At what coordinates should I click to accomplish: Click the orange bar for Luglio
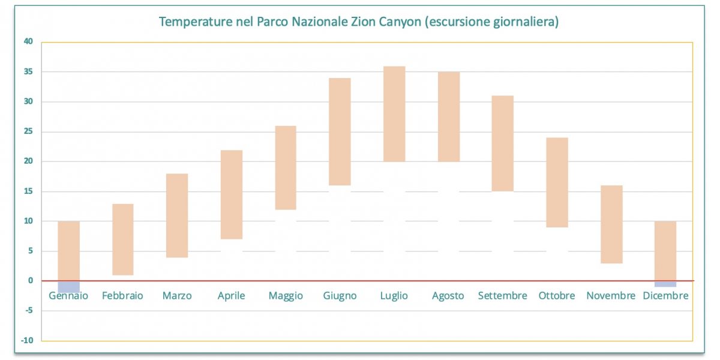(394, 113)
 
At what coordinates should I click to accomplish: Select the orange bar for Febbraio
(123, 239)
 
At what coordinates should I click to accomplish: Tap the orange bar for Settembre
(503, 143)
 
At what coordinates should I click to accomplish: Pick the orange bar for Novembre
(611, 224)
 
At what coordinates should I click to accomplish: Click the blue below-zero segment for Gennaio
(69, 286)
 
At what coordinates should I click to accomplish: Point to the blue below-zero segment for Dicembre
(665, 284)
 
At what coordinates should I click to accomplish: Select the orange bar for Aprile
(232, 194)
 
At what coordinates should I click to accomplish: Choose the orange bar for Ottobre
(557, 182)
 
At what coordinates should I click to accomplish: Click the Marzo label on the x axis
(177, 296)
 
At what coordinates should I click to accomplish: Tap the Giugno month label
(340, 296)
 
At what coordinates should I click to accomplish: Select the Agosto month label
(448, 296)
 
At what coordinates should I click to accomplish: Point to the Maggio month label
(286, 296)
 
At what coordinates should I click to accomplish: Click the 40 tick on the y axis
(29, 41)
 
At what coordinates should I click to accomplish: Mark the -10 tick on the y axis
(28, 340)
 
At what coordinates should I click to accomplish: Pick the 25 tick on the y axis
(29, 131)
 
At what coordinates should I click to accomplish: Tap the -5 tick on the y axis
(29, 310)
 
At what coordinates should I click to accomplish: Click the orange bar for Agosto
(448, 116)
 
